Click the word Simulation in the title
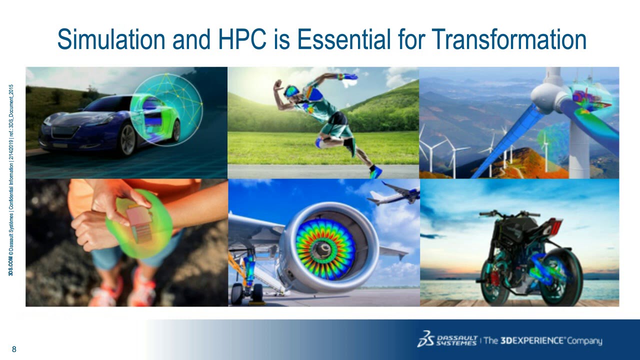coord(111,39)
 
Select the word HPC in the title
coord(242,39)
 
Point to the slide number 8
coord(14,349)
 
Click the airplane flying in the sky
coord(395,194)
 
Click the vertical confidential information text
coord(10,180)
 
